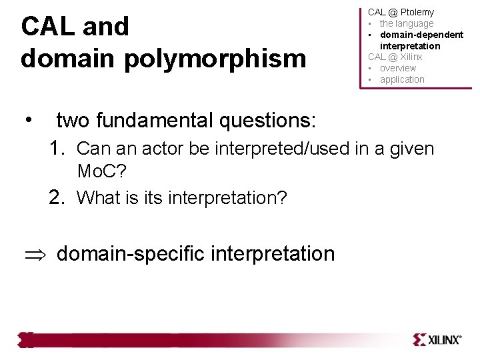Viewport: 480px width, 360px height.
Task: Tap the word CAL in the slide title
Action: [x=45, y=27]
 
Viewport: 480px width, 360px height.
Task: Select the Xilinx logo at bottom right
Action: [x=437, y=339]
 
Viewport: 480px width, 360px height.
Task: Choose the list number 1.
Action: [x=57, y=148]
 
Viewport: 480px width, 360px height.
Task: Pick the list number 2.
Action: [x=57, y=197]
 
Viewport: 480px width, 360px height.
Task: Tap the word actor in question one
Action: [x=155, y=148]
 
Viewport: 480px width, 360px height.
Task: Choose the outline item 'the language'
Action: [x=407, y=23]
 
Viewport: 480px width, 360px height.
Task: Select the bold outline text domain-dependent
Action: [x=421, y=35]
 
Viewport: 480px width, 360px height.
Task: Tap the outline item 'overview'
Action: [x=398, y=68]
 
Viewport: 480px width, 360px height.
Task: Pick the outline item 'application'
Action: [x=402, y=79]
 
